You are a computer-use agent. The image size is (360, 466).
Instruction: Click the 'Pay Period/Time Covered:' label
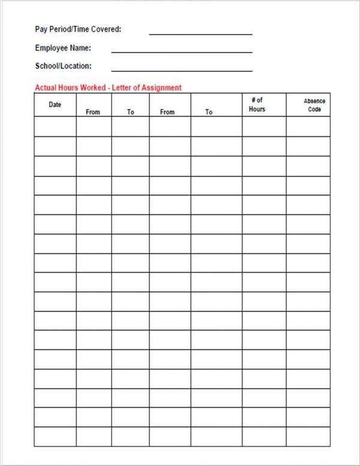[x=78, y=29]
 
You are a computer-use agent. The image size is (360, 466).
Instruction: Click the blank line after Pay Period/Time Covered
[x=200, y=34]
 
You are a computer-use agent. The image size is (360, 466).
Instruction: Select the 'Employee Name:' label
[x=63, y=48]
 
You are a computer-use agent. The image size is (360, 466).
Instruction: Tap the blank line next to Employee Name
[x=181, y=52]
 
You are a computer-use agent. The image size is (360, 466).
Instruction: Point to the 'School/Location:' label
[x=63, y=66]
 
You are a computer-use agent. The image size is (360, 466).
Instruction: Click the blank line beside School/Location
[x=181, y=70]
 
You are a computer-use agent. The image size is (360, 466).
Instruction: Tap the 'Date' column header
[x=55, y=104]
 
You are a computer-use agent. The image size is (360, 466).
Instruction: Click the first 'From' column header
[x=93, y=112]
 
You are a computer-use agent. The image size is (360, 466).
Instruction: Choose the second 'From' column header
[x=167, y=112]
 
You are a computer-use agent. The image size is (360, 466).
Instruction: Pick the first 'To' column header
[x=130, y=112]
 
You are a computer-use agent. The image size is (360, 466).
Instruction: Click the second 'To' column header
[x=209, y=112]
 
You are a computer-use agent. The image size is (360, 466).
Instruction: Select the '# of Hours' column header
[x=257, y=104]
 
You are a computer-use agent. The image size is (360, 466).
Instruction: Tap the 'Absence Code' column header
[x=314, y=105]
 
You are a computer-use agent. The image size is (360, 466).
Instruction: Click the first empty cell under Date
[x=55, y=127]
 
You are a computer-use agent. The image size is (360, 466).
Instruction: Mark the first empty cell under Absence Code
[x=308, y=127]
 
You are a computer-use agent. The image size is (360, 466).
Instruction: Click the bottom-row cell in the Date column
[x=55, y=437]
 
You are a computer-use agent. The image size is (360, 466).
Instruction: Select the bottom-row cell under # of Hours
[x=264, y=437]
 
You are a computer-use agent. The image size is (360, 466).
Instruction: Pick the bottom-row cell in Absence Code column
[x=308, y=437]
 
